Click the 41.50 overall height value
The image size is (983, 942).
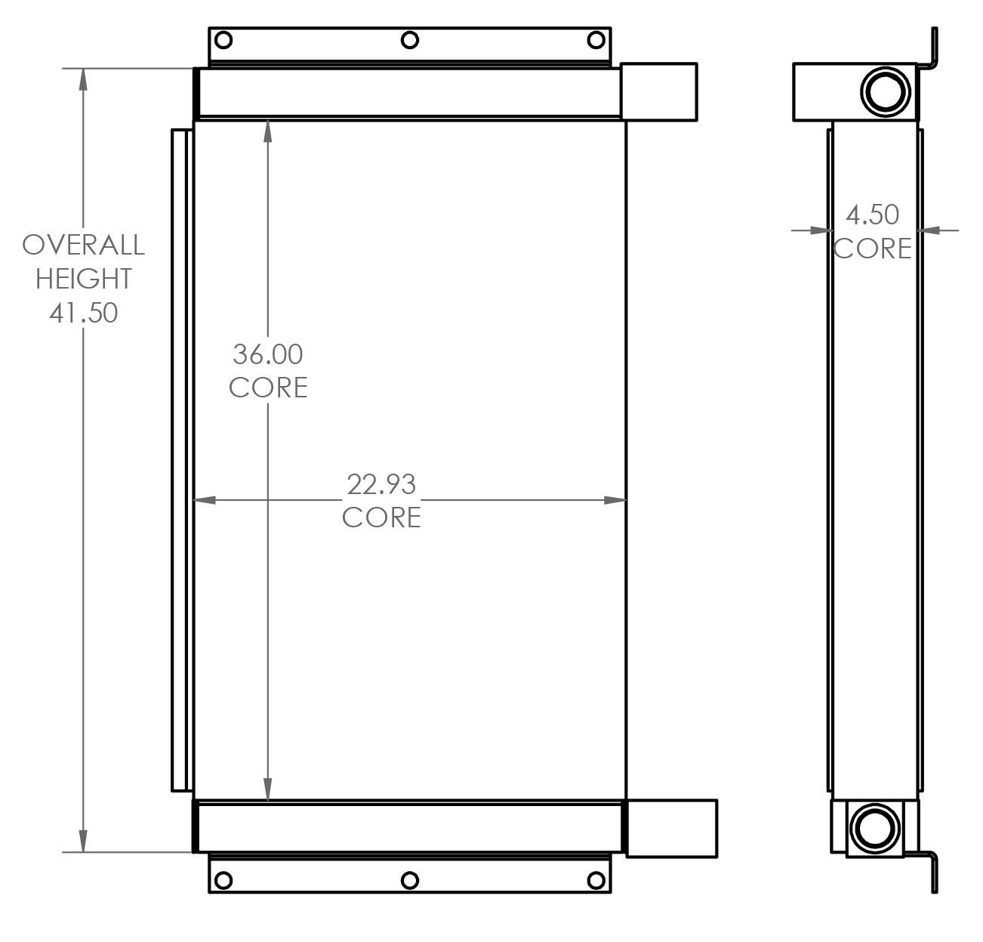83,312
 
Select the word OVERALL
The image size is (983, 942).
83,245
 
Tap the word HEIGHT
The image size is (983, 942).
83,279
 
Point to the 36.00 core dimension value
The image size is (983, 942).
267,354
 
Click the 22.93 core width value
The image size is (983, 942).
381,484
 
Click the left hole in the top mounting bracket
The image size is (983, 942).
223,39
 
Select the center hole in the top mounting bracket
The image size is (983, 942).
410,39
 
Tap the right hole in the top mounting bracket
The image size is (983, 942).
596,39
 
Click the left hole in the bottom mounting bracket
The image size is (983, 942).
223,880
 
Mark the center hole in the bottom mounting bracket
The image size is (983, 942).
410,880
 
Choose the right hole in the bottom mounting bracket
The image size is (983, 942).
596,880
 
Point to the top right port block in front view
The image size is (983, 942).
658,91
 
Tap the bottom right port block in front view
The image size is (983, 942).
671,828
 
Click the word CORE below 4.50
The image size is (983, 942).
872,249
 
